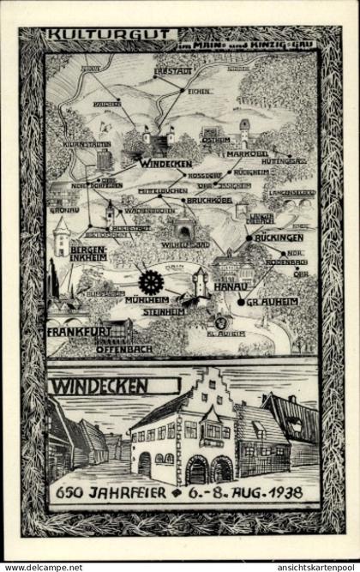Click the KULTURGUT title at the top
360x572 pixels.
[x=90, y=36]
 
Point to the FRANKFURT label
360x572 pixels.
[x=80, y=330]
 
